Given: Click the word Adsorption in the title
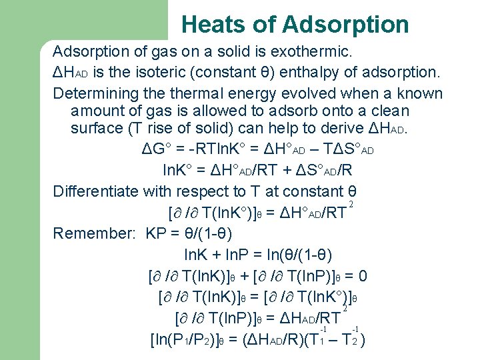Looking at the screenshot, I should pyautogui.click(x=345, y=25).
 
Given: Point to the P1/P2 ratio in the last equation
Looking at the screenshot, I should pyautogui.click(x=193, y=339).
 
